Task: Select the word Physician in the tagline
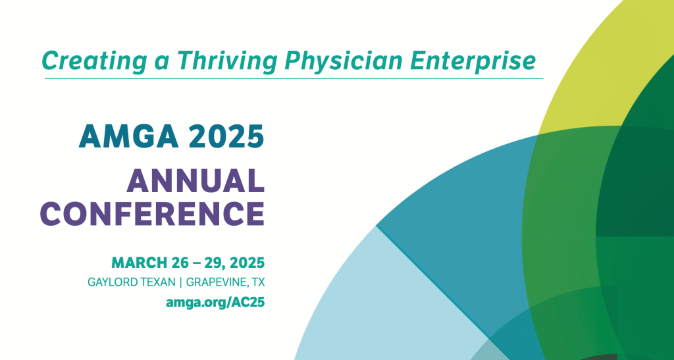[342, 61]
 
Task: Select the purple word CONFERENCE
[157, 213]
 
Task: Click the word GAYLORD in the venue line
[113, 283]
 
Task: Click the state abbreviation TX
[257, 283]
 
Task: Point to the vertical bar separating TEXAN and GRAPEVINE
[182, 283]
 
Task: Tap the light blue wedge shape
[369, 296]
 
